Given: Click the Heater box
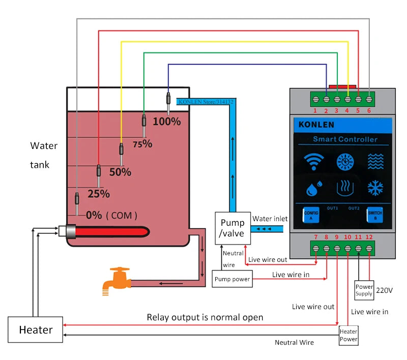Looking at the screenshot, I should [36, 329].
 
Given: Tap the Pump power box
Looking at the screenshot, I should [232, 279].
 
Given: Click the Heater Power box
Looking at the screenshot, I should [348, 335].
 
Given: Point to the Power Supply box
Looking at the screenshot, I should [364, 290].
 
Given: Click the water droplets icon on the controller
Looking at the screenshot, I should [312, 189].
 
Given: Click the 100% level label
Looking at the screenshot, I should [167, 122].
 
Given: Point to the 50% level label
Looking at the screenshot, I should [120, 172].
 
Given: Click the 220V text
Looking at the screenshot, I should [385, 290].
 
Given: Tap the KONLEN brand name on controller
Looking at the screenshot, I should [316, 125].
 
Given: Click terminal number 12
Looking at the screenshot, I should [370, 237].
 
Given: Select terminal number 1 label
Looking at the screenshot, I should [315, 110].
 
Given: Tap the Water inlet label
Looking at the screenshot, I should [270, 219].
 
